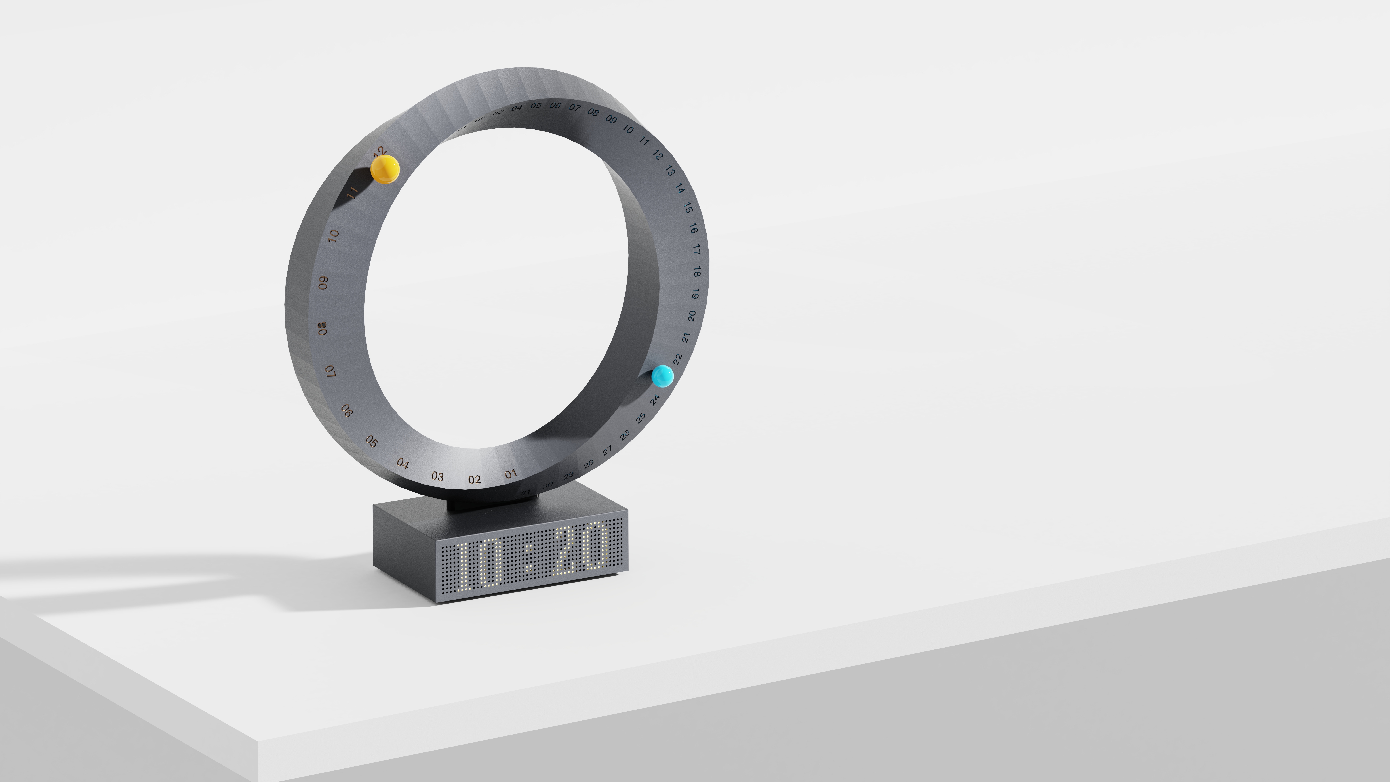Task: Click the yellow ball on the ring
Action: (385, 169)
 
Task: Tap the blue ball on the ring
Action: (662, 376)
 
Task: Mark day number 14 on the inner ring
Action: (681, 189)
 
